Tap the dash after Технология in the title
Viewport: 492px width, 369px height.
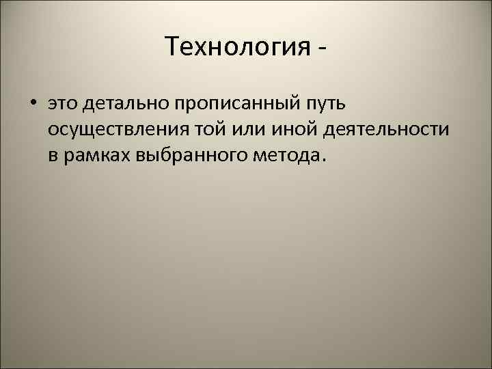point(321,49)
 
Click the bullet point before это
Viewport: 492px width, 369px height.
point(32,104)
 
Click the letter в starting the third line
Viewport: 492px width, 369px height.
point(53,156)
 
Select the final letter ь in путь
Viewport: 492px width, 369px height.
point(344,104)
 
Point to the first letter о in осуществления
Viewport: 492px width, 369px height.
point(53,131)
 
